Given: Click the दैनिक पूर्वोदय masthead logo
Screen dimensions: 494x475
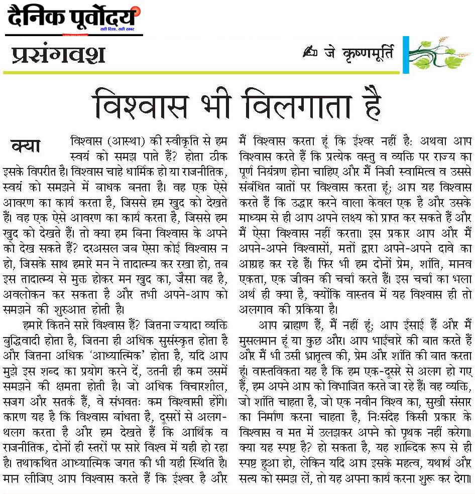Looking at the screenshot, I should coord(73,18).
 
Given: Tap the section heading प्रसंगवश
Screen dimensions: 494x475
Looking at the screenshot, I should coord(58,54).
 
